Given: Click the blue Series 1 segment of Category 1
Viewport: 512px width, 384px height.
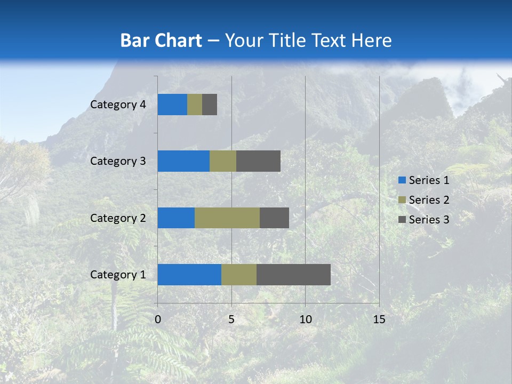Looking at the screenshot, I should coord(189,275).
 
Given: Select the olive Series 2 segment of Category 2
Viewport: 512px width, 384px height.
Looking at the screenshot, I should coord(227,218).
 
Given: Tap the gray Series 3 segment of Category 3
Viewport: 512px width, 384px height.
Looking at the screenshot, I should coord(258,161).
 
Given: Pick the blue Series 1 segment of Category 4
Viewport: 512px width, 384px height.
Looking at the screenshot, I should coord(172,105).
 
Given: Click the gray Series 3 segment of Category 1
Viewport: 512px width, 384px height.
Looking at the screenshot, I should coord(293,275).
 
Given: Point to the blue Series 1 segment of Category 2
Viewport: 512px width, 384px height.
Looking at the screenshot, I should coord(176,218).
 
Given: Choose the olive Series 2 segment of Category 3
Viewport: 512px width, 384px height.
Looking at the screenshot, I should coord(223,161).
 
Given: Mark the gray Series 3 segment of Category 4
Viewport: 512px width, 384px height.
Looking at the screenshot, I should coord(210,105).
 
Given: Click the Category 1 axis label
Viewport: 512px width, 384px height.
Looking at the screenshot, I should coord(118,275).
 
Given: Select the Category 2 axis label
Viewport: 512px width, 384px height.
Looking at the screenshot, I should coord(118,218).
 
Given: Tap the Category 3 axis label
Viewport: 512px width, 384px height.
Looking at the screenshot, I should coord(118,161).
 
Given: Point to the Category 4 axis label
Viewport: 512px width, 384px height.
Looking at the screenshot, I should coord(118,105).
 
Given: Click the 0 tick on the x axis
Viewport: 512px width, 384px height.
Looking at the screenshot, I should coord(158,319).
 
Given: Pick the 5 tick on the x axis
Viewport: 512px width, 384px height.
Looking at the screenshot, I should coord(231,319).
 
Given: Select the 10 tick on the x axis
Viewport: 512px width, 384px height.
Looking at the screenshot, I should coord(305,319).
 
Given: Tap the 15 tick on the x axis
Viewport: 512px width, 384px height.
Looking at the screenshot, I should coord(379,319).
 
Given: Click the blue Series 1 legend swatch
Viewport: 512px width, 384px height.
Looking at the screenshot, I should coord(402,180).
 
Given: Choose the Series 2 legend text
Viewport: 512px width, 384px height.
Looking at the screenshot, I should coord(429,200).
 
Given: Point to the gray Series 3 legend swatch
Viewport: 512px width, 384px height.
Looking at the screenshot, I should coord(402,220).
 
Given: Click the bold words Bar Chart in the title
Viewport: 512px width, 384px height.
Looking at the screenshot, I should coord(161,41).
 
